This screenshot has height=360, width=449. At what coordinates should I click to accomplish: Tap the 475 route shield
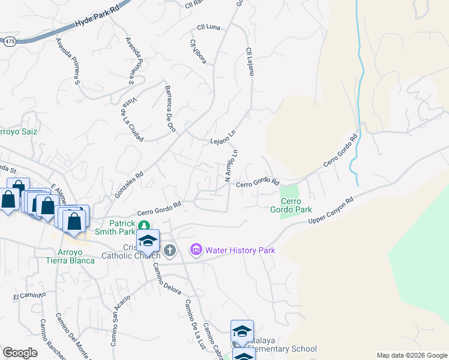click(x=10, y=42)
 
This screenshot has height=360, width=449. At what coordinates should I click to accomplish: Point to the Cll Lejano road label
click(x=249, y=61)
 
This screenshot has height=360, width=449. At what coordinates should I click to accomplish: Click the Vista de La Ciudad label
click(x=131, y=119)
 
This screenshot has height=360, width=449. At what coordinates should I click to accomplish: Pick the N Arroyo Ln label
click(x=231, y=166)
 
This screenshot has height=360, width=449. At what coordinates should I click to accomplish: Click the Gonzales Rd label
click(x=128, y=186)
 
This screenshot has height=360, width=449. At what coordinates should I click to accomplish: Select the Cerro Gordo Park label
click(x=297, y=205)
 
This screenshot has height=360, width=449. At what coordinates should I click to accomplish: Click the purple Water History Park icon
click(x=196, y=249)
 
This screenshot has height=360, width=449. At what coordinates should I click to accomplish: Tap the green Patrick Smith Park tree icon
click(x=143, y=225)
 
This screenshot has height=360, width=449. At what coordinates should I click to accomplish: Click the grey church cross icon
click(x=170, y=250)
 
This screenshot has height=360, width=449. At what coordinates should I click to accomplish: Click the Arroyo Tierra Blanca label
click(x=71, y=256)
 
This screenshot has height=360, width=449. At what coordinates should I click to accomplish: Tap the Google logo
click(x=20, y=353)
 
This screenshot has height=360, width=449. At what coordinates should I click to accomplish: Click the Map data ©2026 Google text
click(x=411, y=356)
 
